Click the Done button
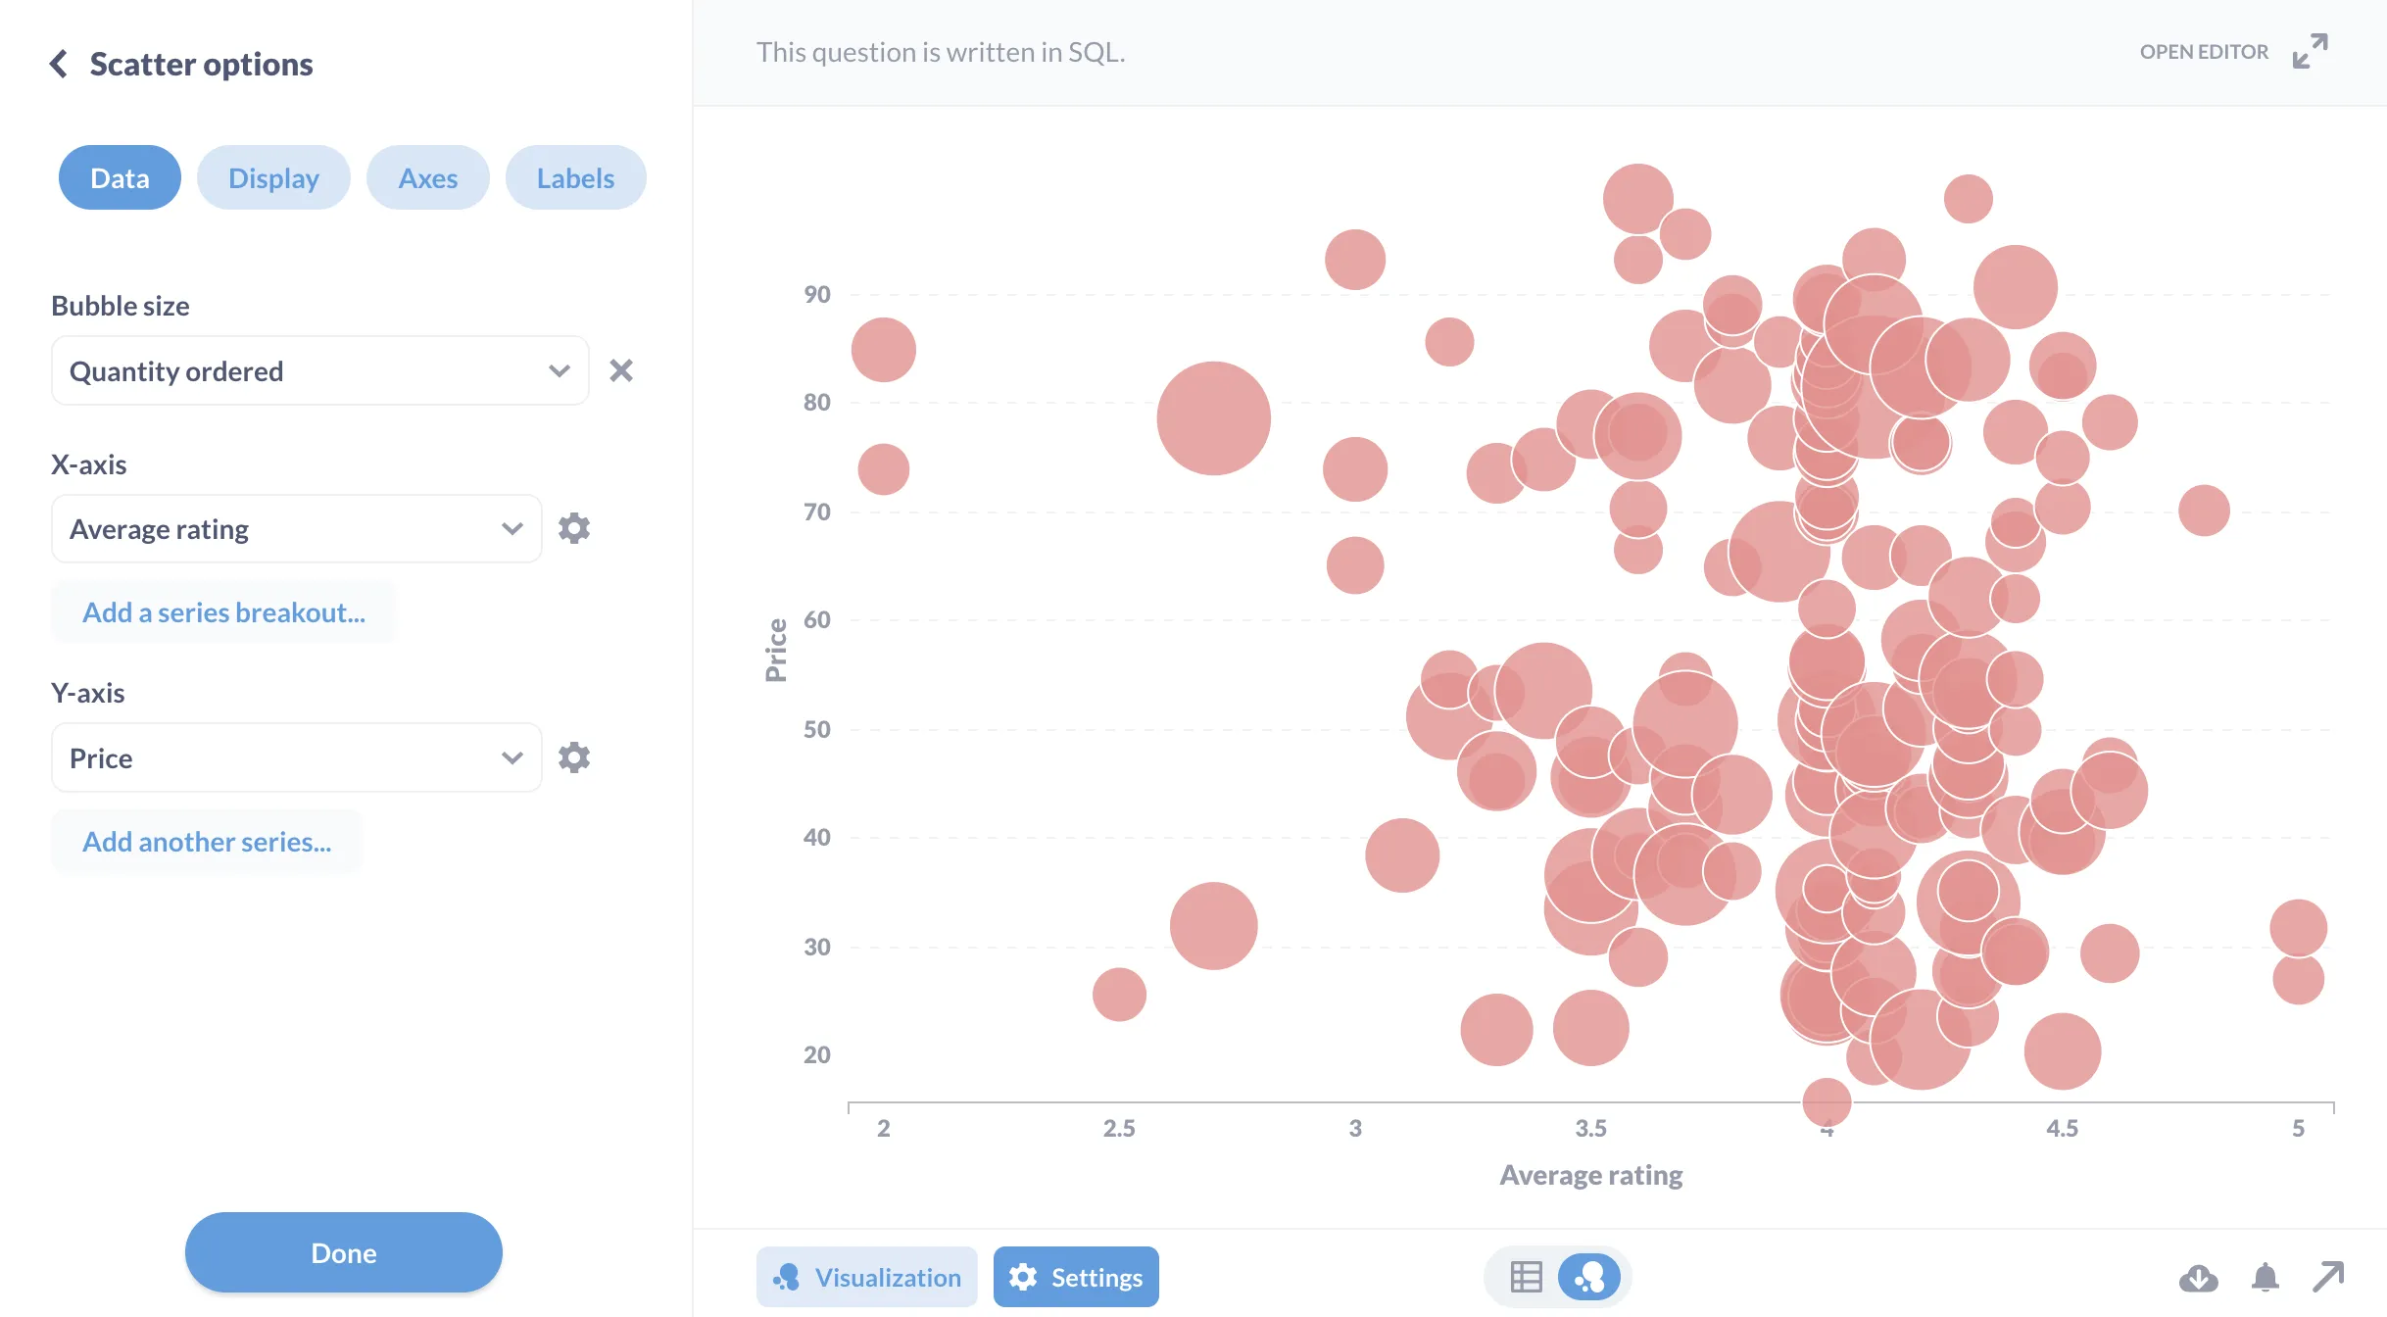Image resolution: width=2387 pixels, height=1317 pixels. [343, 1252]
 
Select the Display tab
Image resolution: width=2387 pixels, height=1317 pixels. [273, 178]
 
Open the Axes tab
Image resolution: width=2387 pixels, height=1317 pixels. [427, 178]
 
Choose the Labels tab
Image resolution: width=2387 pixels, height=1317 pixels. [575, 178]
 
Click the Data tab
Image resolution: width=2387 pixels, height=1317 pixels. [120, 178]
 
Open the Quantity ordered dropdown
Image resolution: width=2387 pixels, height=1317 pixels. [319, 371]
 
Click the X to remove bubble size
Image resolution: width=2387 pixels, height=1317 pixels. [621, 370]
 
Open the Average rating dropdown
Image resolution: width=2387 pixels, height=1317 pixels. [296, 529]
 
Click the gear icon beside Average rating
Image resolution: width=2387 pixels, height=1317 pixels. [574, 528]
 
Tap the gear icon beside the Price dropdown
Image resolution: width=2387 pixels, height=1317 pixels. [574, 757]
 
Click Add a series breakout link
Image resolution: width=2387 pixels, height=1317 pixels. [223, 612]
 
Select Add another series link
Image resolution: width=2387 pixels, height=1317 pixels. [207, 842]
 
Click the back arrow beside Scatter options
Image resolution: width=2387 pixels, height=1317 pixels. [59, 65]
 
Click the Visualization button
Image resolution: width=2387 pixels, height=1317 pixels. [866, 1277]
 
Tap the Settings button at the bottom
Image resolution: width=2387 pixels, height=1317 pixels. [1076, 1277]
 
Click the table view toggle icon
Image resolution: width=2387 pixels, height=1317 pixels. [1526, 1277]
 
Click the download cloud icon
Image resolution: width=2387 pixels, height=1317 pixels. [2198, 1277]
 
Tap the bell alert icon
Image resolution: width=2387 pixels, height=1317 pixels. [2265, 1277]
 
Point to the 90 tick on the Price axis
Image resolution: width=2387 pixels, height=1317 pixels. [816, 294]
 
